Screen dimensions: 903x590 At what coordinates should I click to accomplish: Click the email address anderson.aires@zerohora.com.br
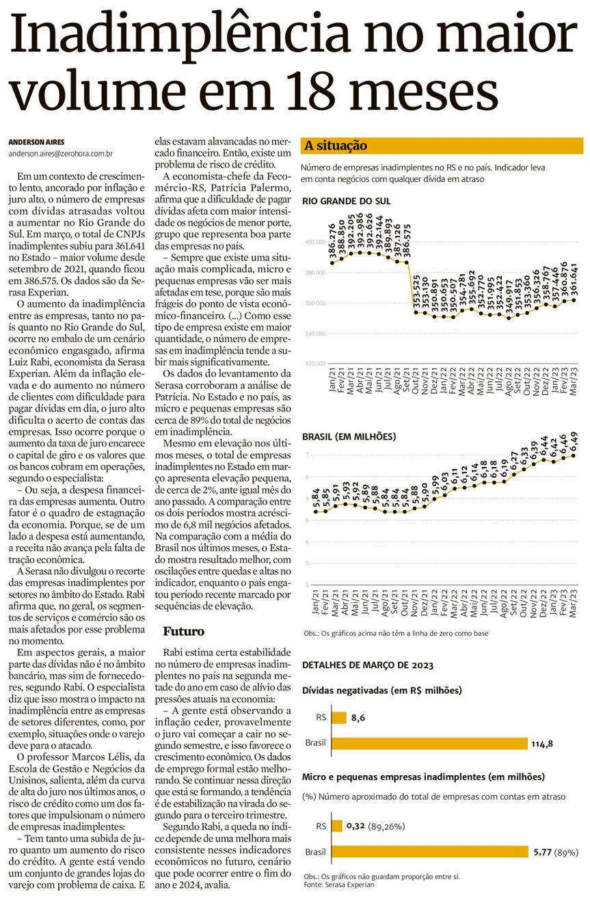click(60, 154)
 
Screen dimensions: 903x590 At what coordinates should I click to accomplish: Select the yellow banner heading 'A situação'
click(336, 146)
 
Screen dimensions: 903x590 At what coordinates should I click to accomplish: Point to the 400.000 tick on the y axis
click(313, 242)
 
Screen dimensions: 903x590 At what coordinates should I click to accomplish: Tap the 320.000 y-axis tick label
click(313, 364)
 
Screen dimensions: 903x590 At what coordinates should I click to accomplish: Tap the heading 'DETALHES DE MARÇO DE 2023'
click(367, 664)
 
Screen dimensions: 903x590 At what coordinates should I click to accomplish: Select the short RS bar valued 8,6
click(338, 718)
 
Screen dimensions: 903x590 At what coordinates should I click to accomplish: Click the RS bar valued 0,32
click(336, 826)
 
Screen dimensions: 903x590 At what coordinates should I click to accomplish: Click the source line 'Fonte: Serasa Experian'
click(338, 885)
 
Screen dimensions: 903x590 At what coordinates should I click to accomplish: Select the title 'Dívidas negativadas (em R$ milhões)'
click(382, 690)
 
